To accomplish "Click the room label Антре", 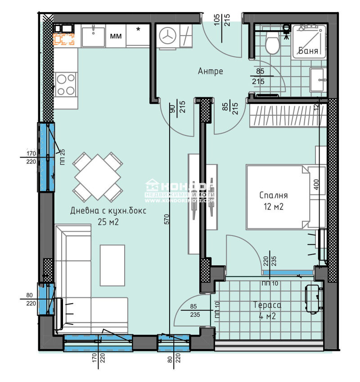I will point(210,71).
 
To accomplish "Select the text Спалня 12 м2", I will point(273,201).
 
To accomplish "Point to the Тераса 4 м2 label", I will point(268,311).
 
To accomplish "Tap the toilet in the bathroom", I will point(272,44).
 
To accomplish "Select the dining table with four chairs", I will point(98,177).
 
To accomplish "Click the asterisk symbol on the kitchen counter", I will point(138,30).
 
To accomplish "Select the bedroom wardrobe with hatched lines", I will point(284,116).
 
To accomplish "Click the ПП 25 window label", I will point(62,156).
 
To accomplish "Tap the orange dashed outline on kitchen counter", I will point(64,39).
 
